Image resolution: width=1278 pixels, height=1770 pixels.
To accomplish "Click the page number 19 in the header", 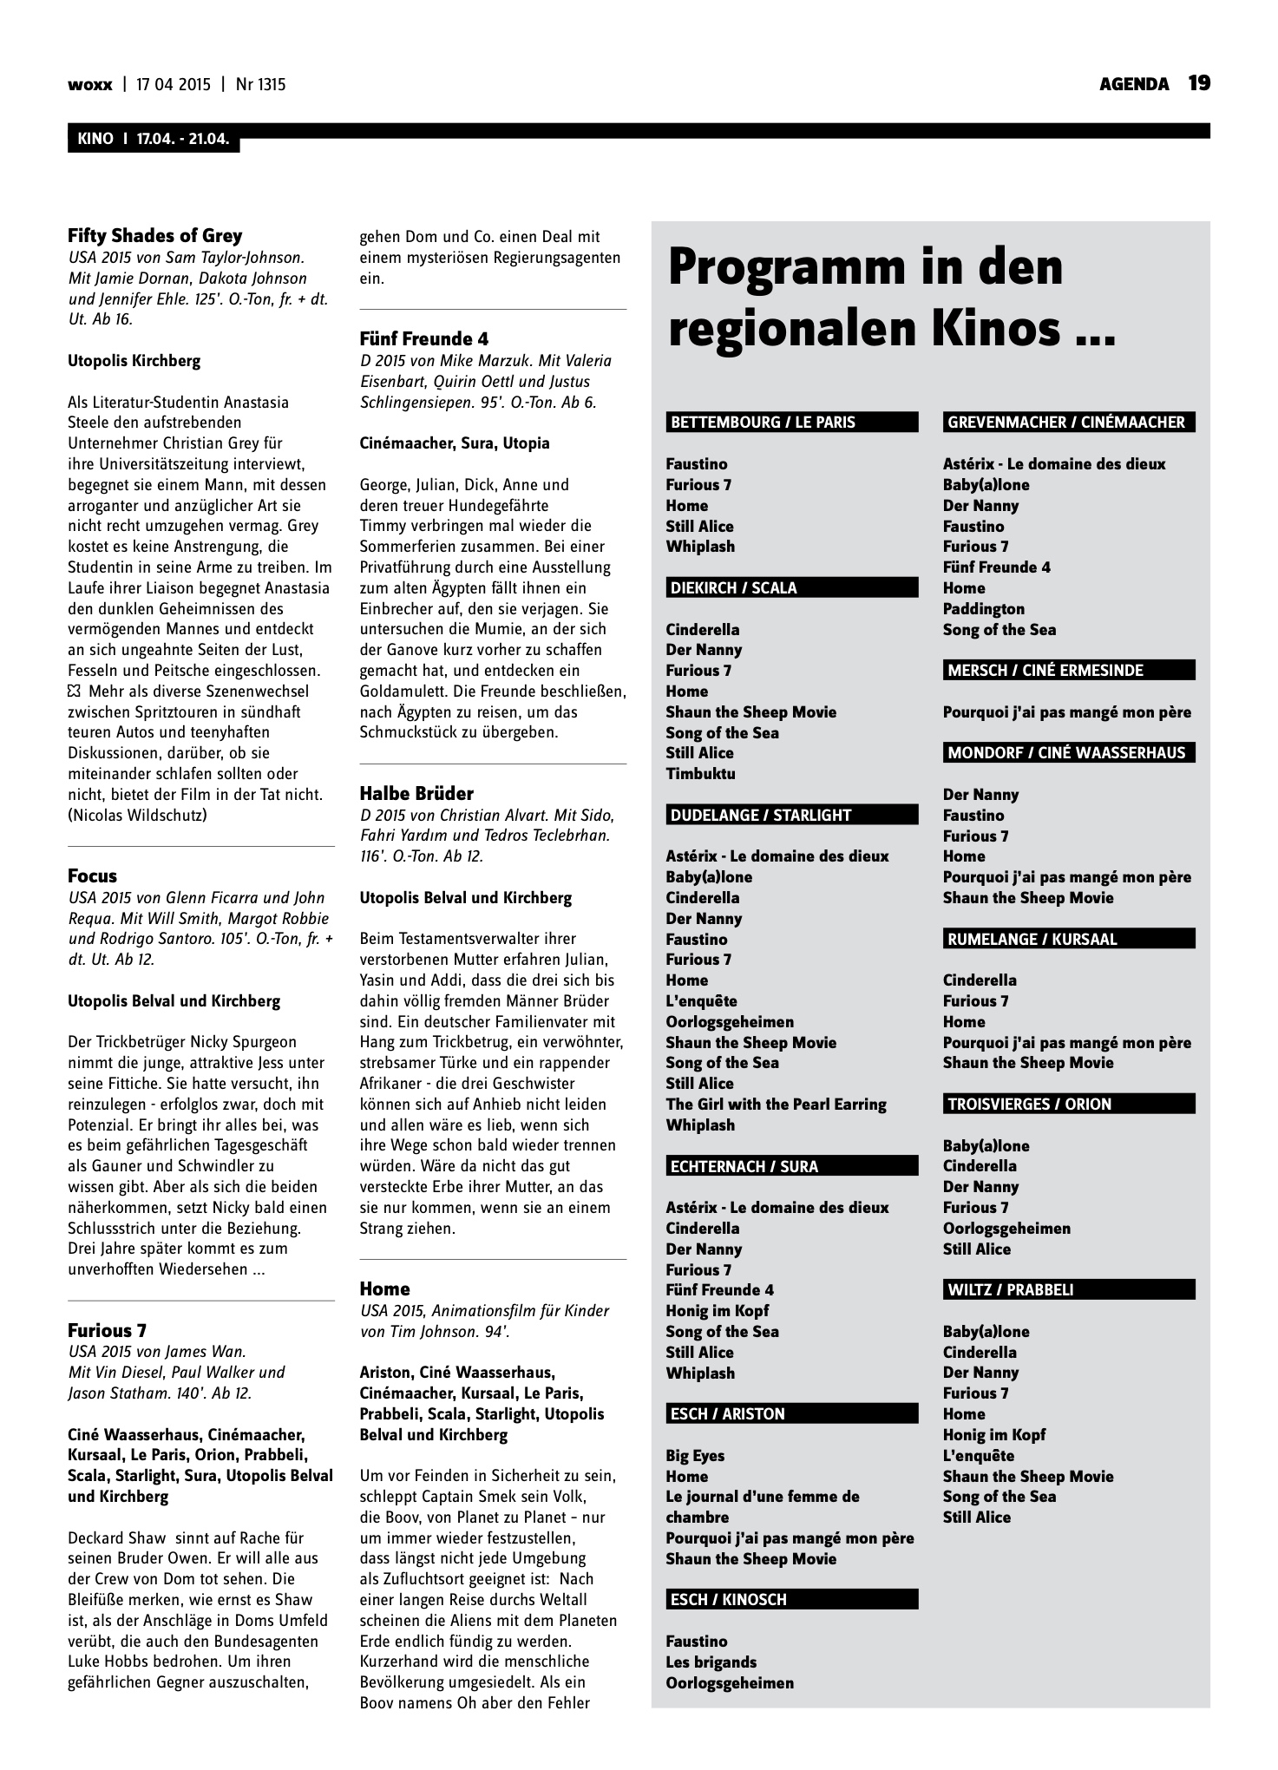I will [x=1199, y=83].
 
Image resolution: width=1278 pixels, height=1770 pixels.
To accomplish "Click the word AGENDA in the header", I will [x=1134, y=84].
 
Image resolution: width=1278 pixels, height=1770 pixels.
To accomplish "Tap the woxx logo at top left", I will [x=90, y=84].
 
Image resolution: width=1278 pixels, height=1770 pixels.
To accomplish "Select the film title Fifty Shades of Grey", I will [x=155, y=235].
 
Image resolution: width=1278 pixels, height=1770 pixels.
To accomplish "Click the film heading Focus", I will [x=92, y=875].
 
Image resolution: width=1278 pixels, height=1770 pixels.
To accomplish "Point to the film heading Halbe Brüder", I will [x=416, y=793].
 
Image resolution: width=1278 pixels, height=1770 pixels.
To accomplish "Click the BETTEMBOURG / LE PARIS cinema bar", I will [x=791, y=423].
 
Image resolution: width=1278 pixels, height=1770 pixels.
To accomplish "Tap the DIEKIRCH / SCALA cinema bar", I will [x=791, y=587].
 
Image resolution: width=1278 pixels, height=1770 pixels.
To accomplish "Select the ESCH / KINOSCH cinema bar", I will [x=791, y=1599].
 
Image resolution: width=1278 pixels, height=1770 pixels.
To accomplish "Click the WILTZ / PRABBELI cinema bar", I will [x=1068, y=1289].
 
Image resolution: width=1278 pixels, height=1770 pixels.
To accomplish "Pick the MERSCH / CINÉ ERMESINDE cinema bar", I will [x=1068, y=670].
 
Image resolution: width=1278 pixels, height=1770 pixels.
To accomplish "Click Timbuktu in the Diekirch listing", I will [x=700, y=773].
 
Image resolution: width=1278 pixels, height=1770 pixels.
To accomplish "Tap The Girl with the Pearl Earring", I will [x=776, y=1104].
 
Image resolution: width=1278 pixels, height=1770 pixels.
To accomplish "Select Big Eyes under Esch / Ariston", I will [x=695, y=1455].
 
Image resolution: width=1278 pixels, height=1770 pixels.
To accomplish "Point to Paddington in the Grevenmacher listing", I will [x=983, y=608].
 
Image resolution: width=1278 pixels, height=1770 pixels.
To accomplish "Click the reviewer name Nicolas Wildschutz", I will [x=137, y=815].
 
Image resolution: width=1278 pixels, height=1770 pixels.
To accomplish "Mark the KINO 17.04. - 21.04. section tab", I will [x=154, y=139].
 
